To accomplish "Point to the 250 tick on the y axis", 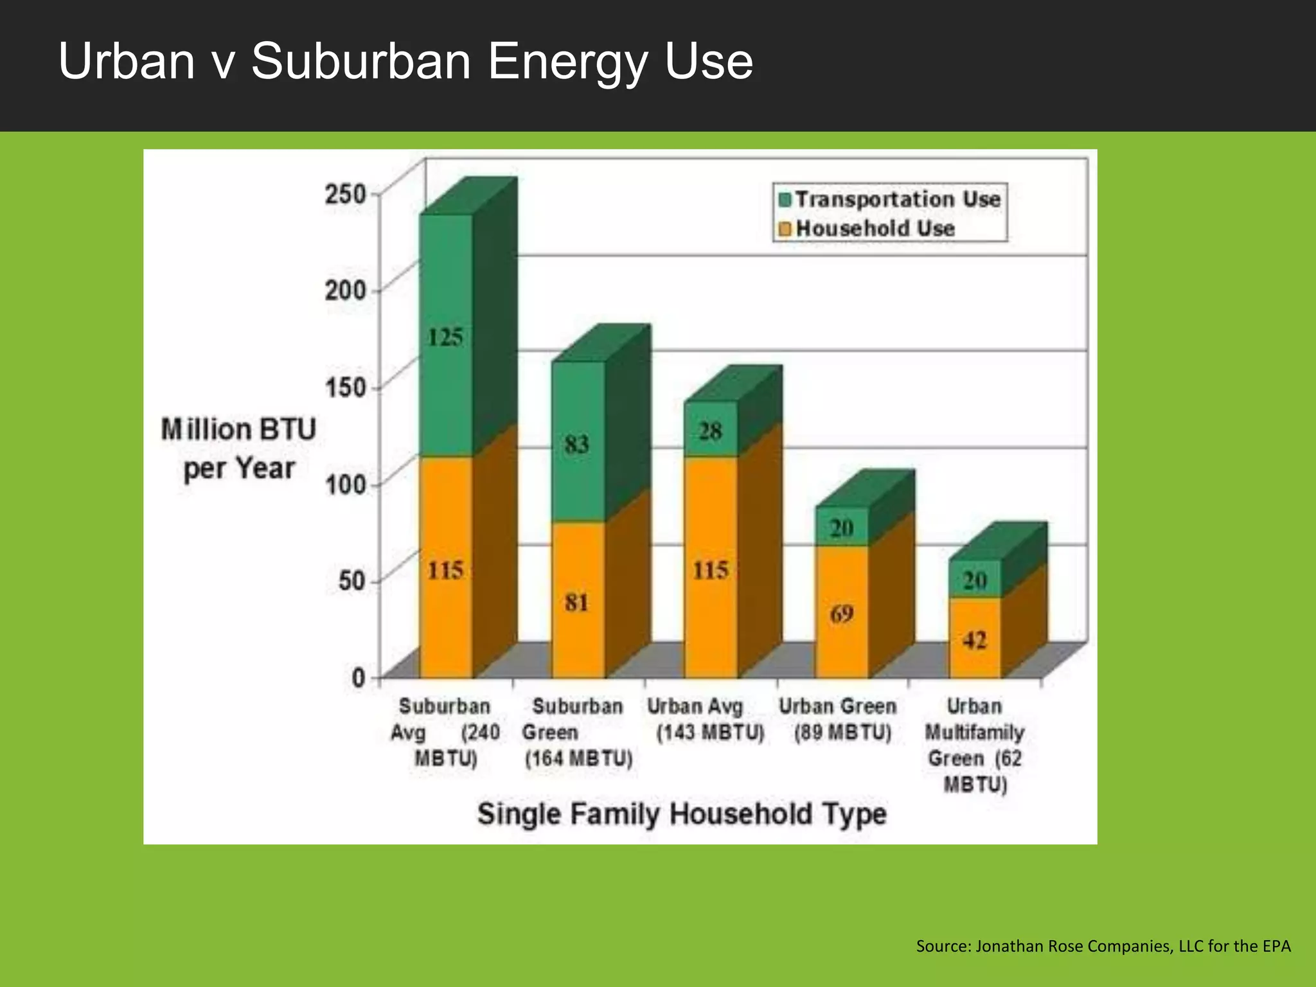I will coord(345,194).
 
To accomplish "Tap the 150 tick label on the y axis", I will coord(345,387).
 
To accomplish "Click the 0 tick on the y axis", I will coord(358,677).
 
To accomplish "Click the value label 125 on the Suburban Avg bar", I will coord(445,337).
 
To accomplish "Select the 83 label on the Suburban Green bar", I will coord(576,444).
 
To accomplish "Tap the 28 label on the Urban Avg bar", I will coord(710,431).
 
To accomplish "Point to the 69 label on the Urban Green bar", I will coord(841,614).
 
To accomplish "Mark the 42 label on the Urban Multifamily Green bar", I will coord(974,640).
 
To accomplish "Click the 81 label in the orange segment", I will coord(576,603).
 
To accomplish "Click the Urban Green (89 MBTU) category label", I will coord(839,719).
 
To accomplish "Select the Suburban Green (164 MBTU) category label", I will coord(578,732).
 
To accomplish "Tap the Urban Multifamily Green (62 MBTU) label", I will coord(974,745).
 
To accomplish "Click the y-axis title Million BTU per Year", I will coord(238,449).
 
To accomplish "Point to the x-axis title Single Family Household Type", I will coord(681,814).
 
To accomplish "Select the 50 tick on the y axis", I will coord(351,581).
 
